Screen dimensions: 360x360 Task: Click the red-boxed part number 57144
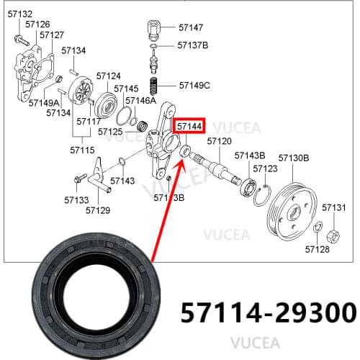(x=189, y=127)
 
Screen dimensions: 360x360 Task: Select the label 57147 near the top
(x=190, y=28)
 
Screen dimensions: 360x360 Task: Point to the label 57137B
(x=192, y=45)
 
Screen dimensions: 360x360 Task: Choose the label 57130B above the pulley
(x=294, y=157)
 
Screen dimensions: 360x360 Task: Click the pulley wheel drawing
(x=292, y=210)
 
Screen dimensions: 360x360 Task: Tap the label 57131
(x=333, y=207)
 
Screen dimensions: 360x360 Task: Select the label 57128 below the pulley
(x=317, y=249)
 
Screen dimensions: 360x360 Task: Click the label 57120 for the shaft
(x=219, y=141)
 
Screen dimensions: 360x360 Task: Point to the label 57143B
(x=250, y=156)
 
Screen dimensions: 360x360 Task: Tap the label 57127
(x=52, y=35)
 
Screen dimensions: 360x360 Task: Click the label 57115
(x=82, y=150)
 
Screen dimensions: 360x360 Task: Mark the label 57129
(x=97, y=210)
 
